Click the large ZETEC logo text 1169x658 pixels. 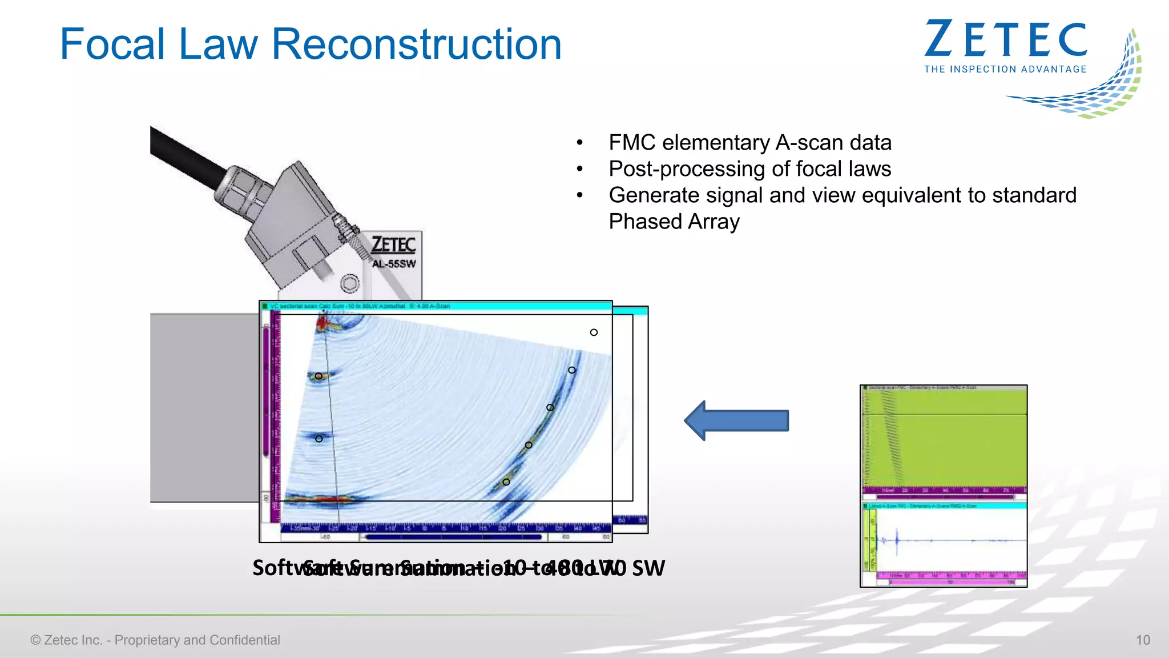pyautogui.click(x=1005, y=40)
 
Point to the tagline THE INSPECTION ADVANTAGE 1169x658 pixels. pyautogui.click(x=1005, y=69)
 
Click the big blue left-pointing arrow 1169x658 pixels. pyautogui.click(x=736, y=421)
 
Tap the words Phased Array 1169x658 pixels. pyautogui.click(x=674, y=222)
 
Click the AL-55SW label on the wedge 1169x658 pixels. pyautogui.click(x=394, y=264)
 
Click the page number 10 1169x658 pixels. pyautogui.click(x=1143, y=640)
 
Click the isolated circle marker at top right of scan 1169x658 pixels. pyautogui.click(x=594, y=332)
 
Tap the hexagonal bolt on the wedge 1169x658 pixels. pyautogui.click(x=350, y=283)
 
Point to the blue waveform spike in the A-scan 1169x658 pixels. pyautogui.click(x=897, y=540)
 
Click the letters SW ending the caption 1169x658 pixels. pyautogui.click(x=648, y=568)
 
